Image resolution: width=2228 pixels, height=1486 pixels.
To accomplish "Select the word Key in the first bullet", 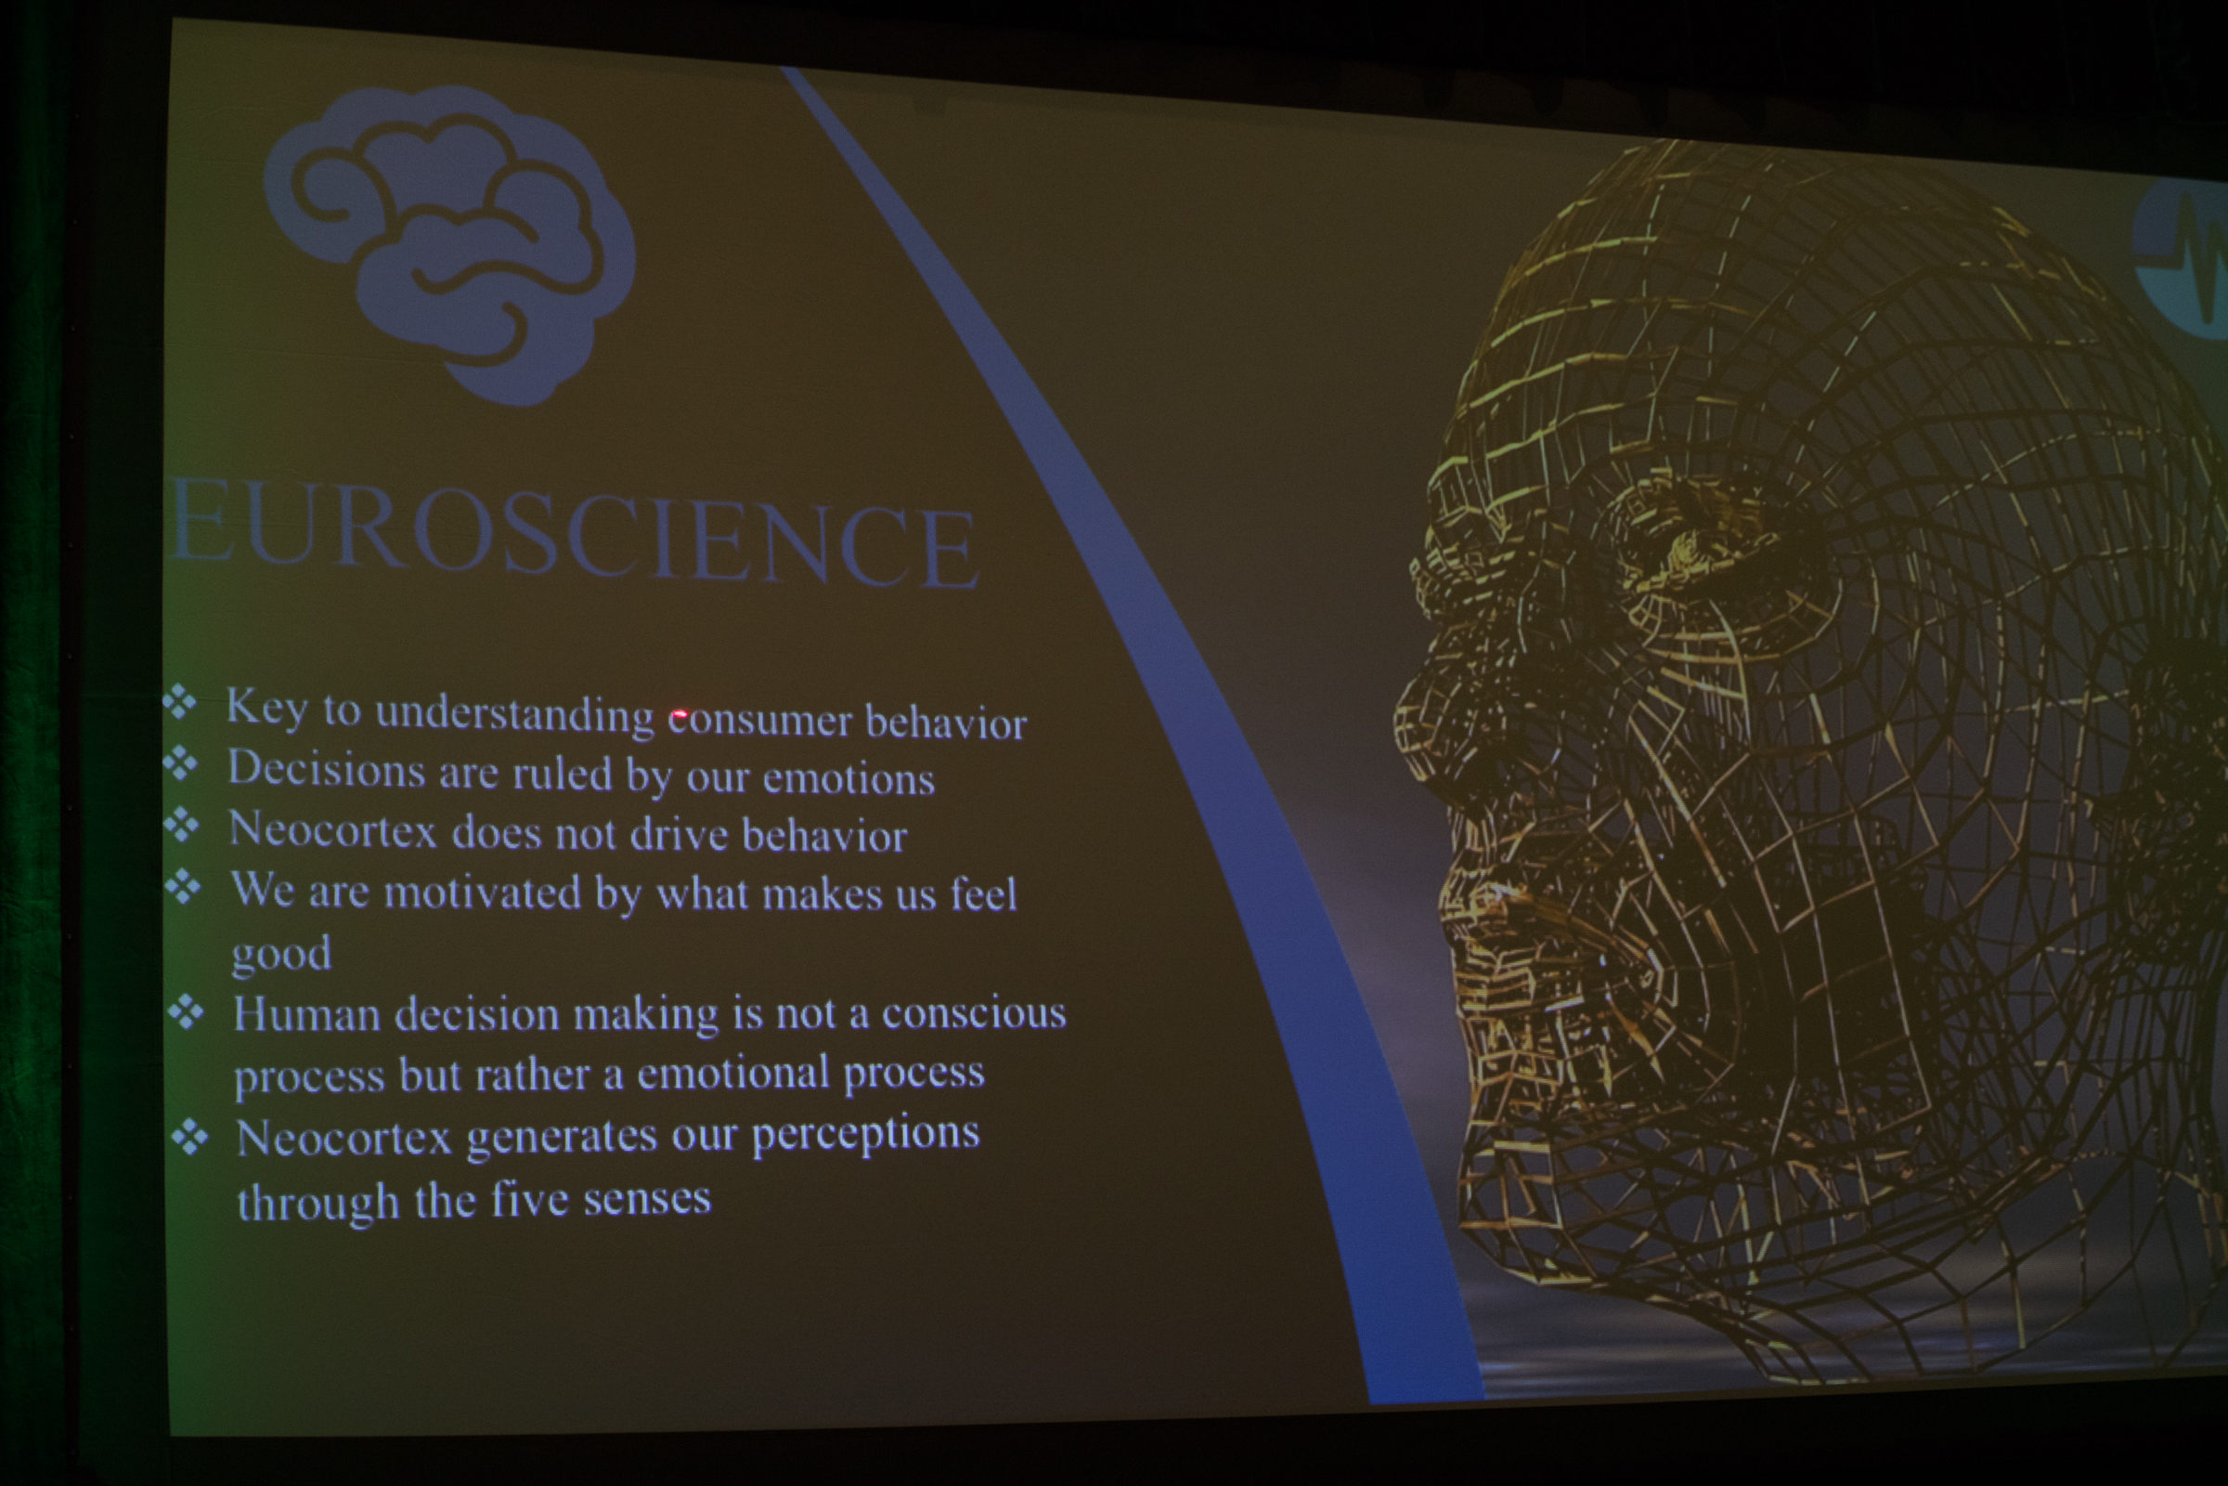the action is [x=267, y=707].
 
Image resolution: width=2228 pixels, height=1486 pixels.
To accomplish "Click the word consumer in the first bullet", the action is [x=759, y=722].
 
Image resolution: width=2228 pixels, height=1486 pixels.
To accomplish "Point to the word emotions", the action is [x=848, y=779].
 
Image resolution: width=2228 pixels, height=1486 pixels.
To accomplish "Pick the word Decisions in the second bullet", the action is [x=326, y=769].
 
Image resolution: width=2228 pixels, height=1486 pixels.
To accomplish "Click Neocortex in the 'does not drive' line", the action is [x=333, y=830].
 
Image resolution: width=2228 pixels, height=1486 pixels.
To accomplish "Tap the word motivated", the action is [x=482, y=893].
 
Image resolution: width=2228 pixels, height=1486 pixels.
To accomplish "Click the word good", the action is [x=282, y=955].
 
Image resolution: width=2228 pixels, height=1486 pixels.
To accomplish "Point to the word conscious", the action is [x=974, y=1013].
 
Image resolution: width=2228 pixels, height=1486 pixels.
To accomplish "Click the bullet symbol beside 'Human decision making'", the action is [x=186, y=1013].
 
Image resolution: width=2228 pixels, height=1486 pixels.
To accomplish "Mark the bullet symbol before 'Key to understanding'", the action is [x=179, y=703].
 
